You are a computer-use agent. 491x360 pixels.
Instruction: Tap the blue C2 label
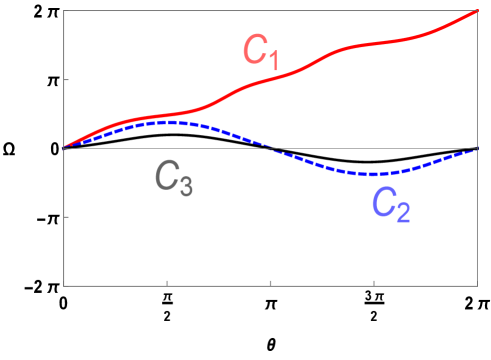point(391,204)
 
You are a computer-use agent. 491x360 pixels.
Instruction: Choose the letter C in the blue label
point(383,202)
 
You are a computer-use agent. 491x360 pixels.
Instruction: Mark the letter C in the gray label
point(165,175)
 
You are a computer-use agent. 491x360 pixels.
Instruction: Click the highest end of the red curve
point(476,11)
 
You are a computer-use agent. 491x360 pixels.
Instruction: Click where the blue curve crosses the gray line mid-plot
point(270,148)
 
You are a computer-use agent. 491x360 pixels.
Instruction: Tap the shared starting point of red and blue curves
point(65,148)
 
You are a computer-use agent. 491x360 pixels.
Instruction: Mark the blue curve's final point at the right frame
point(476,149)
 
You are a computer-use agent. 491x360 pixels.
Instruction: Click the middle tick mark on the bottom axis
point(271,283)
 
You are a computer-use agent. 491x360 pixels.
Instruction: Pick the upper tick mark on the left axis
point(67,80)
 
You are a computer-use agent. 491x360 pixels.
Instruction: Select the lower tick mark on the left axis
point(67,216)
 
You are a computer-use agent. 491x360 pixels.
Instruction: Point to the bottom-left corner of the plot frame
point(64,286)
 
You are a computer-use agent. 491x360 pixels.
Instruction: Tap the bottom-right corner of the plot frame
point(477,286)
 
